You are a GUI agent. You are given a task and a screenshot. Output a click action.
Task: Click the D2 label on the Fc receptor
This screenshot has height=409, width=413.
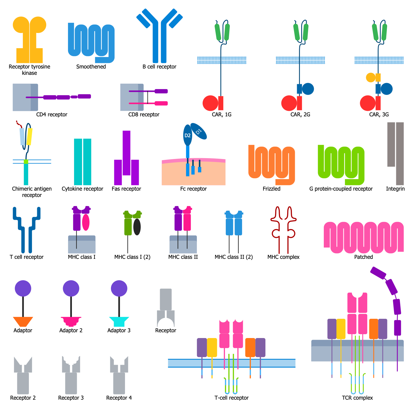click(188, 135)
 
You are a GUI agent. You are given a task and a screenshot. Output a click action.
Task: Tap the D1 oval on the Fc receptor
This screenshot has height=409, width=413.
click(199, 131)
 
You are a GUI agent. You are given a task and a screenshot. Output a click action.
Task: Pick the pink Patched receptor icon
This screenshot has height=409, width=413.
click(363, 237)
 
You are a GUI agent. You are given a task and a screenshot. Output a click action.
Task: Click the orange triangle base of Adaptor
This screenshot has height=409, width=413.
click(23, 321)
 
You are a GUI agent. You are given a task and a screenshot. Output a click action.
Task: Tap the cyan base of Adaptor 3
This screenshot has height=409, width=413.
click(119, 321)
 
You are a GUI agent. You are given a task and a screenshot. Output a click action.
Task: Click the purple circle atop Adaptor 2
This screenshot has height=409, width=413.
click(71, 288)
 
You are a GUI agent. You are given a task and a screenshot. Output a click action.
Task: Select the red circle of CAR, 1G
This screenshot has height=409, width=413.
click(210, 103)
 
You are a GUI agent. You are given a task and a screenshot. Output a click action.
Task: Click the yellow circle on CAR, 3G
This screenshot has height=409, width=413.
click(371, 78)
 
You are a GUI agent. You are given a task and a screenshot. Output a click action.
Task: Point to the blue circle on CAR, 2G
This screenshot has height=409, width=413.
click(308, 89)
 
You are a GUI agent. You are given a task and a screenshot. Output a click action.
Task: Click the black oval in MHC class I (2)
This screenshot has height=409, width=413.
click(137, 227)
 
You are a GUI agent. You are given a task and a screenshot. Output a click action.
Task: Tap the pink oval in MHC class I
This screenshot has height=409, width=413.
click(86, 222)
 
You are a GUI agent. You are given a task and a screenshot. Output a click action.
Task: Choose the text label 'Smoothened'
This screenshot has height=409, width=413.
click(91, 67)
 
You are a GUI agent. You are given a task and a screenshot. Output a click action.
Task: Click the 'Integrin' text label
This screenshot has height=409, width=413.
click(395, 189)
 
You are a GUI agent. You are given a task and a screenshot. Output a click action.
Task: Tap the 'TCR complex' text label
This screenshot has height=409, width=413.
click(357, 398)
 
